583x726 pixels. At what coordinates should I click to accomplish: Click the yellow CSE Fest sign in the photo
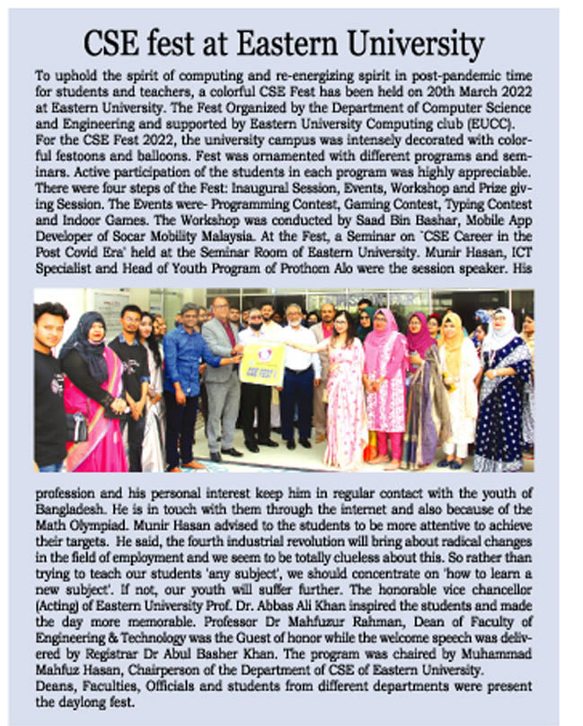[x=261, y=364]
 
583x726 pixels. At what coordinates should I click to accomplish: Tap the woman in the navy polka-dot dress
[x=500, y=396]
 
